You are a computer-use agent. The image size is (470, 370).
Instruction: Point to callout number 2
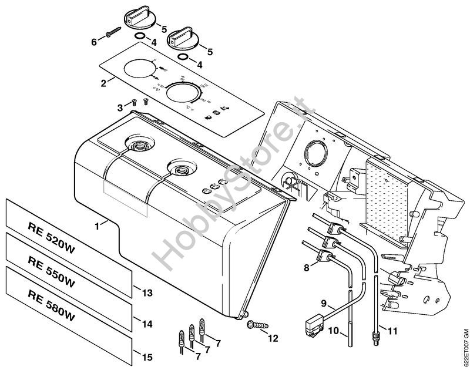pyautogui.click(x=103, y=83)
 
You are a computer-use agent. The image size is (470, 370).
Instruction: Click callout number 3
pyautogui.click(x=120, y=107)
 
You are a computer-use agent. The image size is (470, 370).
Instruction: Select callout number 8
pyautogui.click(x=306, y=268)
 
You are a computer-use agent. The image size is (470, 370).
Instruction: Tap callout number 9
pyautogui.click(x=323, y=304)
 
